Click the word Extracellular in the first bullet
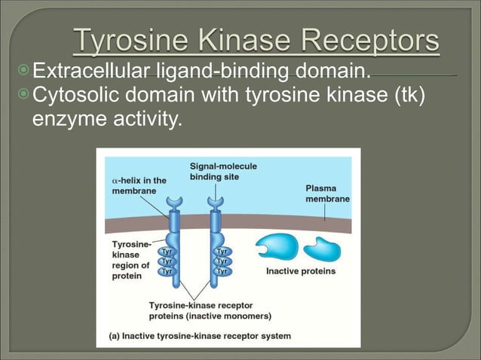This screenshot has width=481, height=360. tap(93, 72)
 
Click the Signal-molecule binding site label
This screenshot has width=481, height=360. tap(221, 171)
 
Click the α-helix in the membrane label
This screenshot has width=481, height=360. tap(139, 185)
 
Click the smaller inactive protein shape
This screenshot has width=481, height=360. tap(322, 248)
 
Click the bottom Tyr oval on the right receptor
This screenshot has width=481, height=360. tap(222, 270)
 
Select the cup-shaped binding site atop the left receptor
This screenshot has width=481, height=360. tap(175, 203)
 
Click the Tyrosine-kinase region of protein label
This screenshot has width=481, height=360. tap(130, 260)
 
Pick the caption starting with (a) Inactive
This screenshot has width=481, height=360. tap(201, 336)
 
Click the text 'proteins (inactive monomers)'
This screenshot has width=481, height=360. tap(210, 316)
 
